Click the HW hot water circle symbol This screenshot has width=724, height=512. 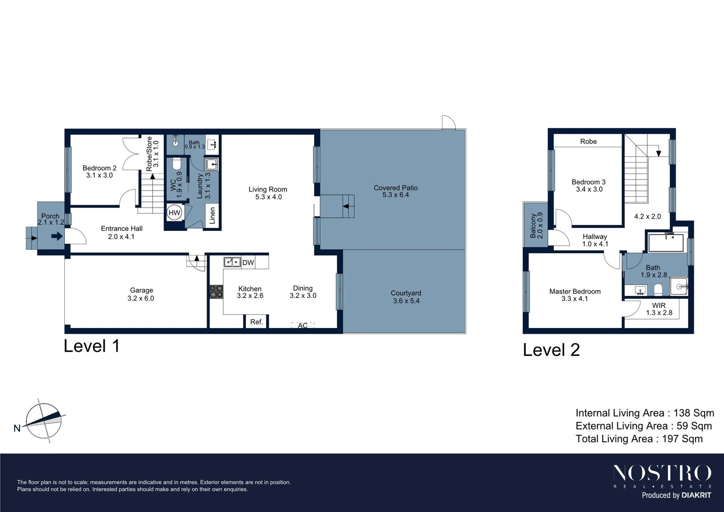(174, 212)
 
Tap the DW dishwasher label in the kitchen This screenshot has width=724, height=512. (248, 262)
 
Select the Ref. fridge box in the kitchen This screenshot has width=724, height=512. (256, 322)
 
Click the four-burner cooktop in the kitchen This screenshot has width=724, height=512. (217, 292)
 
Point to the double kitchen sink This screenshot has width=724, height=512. (232, 262)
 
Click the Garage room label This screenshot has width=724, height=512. (141, 290)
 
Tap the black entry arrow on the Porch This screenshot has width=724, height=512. (57, 236)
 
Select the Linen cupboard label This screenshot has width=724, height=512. (212, 216)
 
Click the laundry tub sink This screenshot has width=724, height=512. (212, 165)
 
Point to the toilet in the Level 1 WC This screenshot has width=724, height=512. (177, 164)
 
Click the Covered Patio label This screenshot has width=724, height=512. (396, 188)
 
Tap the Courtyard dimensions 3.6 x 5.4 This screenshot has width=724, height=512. (406, 301)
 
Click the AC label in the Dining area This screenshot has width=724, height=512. (303, 326)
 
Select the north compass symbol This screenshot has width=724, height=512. (44, 421)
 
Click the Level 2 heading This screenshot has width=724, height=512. (551, 350)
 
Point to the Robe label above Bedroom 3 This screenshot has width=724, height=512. (588, 141)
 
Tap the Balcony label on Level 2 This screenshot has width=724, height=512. (533, 225)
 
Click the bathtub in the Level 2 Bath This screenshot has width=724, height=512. (666, 243)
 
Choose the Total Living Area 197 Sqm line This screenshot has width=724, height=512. (639, 439)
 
